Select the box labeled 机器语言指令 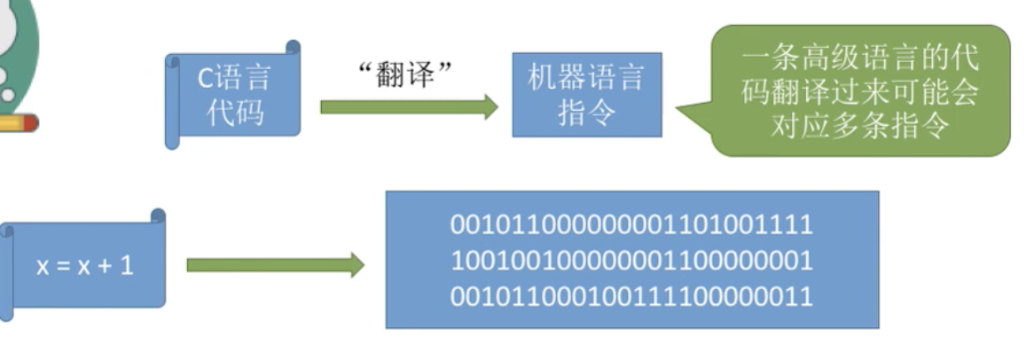click(586, 95)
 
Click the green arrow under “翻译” click(409, 107)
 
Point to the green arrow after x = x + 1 click(275, 265)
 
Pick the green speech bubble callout click(860, 90)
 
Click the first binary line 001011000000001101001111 click(631, 224)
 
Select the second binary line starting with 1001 click(631, 261)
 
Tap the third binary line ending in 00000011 click(631, 296)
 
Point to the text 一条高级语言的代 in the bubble click(860, 59)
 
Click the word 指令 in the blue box click(586, 113)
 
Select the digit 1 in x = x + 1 click(127, 265)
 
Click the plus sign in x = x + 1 click(105, 265)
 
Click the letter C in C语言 click(204, 78)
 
